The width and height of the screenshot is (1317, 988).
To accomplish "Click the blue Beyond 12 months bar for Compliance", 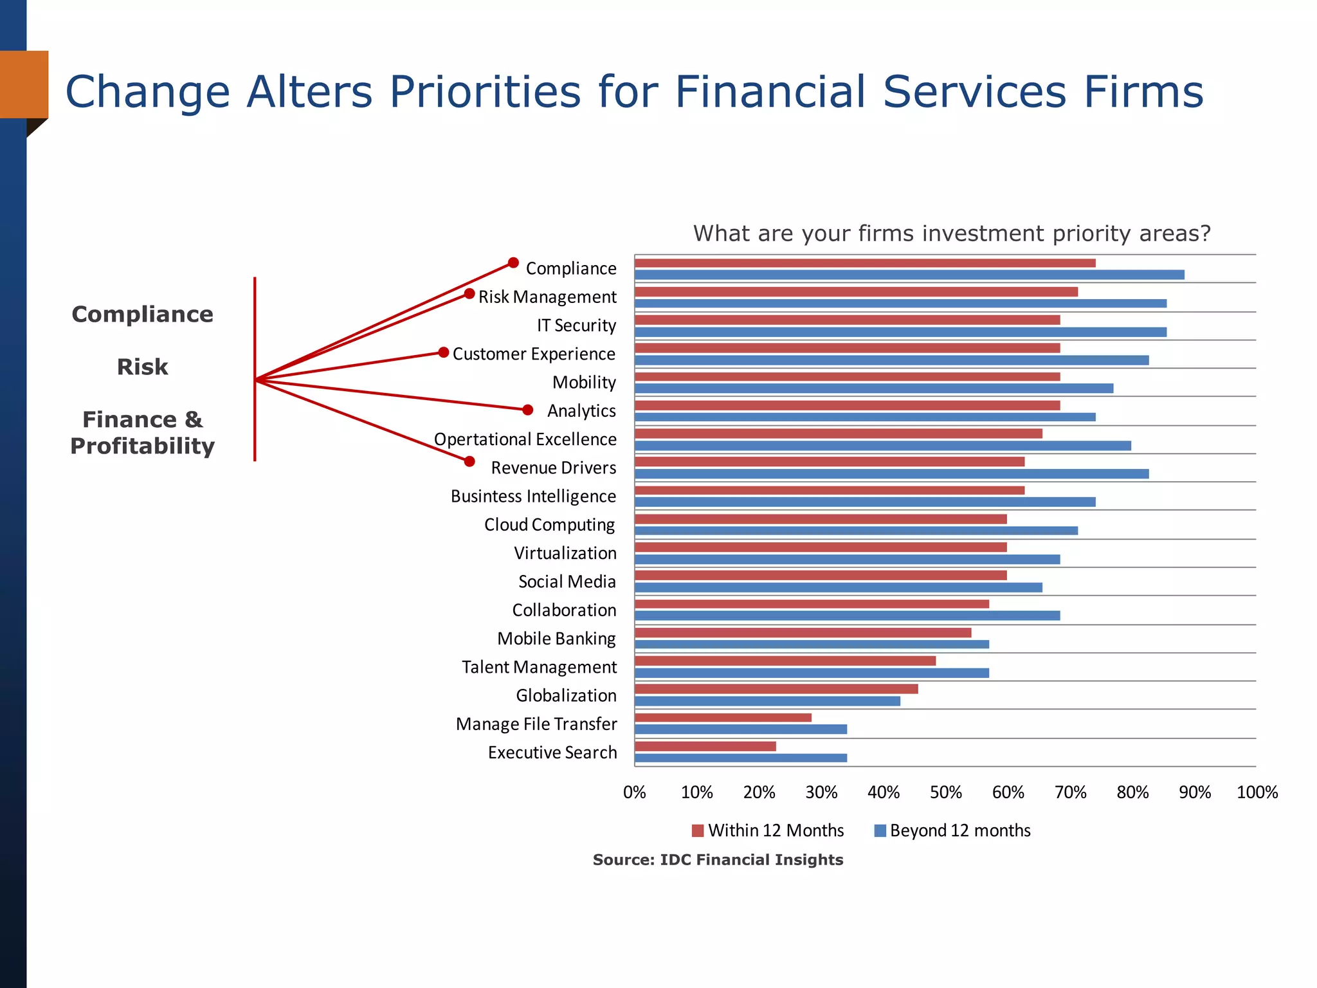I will pyautogui.click(x=909, y=275).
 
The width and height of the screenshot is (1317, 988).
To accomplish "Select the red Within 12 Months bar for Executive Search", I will pyautogui.click(x=705, y=746).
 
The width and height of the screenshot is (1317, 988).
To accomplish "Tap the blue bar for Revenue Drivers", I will pyautogui.click(x=891, y=474).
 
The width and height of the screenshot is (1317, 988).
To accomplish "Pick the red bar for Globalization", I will pyautogui.click(x=776, y=689).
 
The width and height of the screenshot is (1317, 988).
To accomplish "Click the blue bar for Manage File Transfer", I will pyautogui.click(x=740, y=729).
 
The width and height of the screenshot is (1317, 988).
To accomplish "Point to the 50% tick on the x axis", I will pyautogui.click(x=945, y=792).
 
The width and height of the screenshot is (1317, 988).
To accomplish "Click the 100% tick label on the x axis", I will pyautogui.click(x=1257, y=792).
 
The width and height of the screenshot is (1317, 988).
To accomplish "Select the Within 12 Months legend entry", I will pyautogui.click(x=768, y=830).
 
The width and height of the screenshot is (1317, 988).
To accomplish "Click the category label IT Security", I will pyautogui.click(x=576, y=325).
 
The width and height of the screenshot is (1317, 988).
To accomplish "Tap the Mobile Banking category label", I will pyautogui.click(x=556, y=639).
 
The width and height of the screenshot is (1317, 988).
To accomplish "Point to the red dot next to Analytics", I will pyautogui.click(x=527, y=410).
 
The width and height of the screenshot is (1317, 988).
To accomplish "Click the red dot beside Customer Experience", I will pyautogui.click(x=443, y=352).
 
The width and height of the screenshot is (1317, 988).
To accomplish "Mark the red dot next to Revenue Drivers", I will pyautogui.click(x=469, y=461).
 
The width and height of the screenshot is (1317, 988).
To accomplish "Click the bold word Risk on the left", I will pyautogui.click(x=142, y=367).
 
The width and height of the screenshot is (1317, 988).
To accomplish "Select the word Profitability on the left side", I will pyautogui.click(x=142, y=446).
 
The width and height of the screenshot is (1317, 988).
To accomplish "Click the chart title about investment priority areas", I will pyautogui.click(x=951, y=233).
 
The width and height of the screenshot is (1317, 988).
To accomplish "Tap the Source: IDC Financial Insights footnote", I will pyautogui.click(x=718, y=860).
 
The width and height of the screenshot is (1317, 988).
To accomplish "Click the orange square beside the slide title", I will pyautogui.click(x=24, y=84).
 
